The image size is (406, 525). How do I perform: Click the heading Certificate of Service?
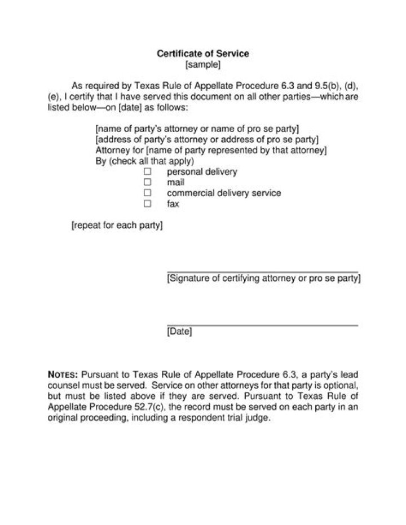[202, 54]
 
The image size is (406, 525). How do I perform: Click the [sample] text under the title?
[203, 64]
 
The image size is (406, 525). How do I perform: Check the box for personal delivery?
[148, 171]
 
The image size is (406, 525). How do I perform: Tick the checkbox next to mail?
[148, 182]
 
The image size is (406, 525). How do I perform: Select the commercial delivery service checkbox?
[148, 193]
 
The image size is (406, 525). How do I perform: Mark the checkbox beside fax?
[148, 204]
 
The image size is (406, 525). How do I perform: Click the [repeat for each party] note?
[117, 226]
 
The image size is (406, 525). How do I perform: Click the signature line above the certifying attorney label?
[263, 271]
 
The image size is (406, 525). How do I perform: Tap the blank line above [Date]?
[263, 325]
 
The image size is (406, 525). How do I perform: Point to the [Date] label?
[179, 332]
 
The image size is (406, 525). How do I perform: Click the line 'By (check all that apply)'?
[145, 161]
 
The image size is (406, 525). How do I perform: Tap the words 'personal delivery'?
[202, 171]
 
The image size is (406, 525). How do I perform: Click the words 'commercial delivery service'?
[224, 193]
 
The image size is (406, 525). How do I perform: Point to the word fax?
[173, 204]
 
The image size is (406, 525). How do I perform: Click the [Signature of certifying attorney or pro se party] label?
[264, 278]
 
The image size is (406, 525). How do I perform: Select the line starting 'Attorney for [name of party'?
[211, 151]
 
